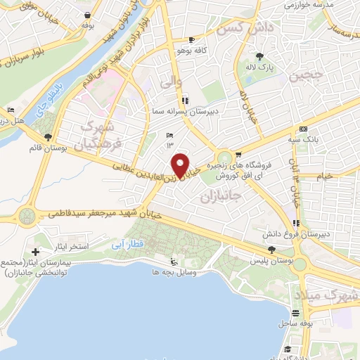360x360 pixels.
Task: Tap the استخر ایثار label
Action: click(67, 247)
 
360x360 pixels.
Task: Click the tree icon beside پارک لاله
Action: click(260, 56)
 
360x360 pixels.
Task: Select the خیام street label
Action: click(325, 176)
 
